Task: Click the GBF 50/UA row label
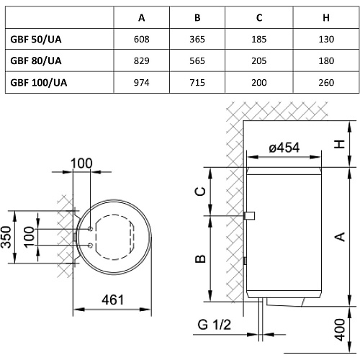click(x=36, y=40)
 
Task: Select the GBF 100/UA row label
click(x=39, y=83)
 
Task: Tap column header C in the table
click(x=259, y=18)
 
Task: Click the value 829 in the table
click(x=142, y=61)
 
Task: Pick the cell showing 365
click(x=197, y=40)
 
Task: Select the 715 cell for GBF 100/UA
click(x=197, y=83)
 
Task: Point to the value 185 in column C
click(x=259, y=40)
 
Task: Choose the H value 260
click(x=326, y=83)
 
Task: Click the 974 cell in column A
click(x=142, y=83)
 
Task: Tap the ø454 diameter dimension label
click(x=284, y=148)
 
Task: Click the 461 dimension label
click(x=112, y=300)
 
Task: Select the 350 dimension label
click(x=6, y=237)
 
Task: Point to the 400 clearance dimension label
click(x=340, y=330)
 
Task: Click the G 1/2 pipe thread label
click(x=214, y=325)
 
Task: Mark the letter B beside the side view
click(x=200, y=258)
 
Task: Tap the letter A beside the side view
click(x=340, y=237)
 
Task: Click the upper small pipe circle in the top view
click(x=91, y=229)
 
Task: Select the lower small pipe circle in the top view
click(x=91, y=246)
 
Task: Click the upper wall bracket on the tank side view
click(x=249, y=216)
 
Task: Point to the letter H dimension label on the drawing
click(x=340, y=144)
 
